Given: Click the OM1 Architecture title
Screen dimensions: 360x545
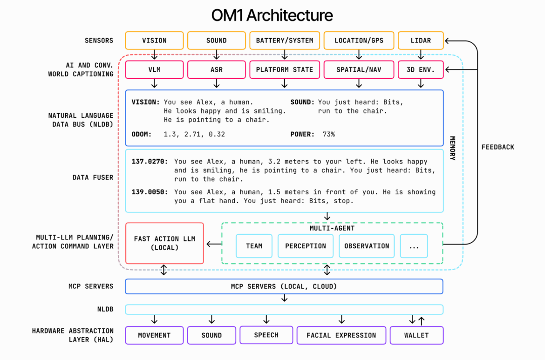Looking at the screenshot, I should [x=272, y=15].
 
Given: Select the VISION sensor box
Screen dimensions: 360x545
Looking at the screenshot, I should [x=154, y=41].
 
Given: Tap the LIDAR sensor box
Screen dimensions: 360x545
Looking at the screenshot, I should [x=421, y=41].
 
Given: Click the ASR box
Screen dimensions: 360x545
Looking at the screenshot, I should [x=216, y=70].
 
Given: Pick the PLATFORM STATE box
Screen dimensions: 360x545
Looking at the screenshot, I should [x=284, y=70].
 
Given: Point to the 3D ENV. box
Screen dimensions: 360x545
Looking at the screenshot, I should [x=421, y=70].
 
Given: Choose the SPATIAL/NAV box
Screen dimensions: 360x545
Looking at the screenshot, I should [x=359, y=70].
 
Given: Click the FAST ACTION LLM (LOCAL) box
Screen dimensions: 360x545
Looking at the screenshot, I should [x=164, y=243].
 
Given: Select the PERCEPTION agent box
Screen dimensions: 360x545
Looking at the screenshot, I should [x=306, y=246].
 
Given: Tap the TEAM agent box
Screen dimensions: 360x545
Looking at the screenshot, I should [x=254, y=246].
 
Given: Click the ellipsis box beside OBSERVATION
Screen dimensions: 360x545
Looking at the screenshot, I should [x=414, y=246].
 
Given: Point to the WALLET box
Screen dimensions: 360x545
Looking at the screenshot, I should [x=416, y=335].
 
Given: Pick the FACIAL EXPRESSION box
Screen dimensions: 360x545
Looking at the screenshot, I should [x=341, y=335].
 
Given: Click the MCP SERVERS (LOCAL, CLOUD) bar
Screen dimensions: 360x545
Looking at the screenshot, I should [x=284, y=286].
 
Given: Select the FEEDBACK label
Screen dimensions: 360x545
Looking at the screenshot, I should [x=497, y=147].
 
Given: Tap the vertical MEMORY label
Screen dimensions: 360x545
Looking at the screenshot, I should [x=452, y=148].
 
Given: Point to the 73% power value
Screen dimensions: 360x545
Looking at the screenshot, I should [x=328, y=134].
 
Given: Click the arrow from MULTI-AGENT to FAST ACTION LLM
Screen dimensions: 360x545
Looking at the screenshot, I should [x=213, y=244].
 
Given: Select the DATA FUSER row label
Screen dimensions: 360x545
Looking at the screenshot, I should [x=93, y=177].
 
